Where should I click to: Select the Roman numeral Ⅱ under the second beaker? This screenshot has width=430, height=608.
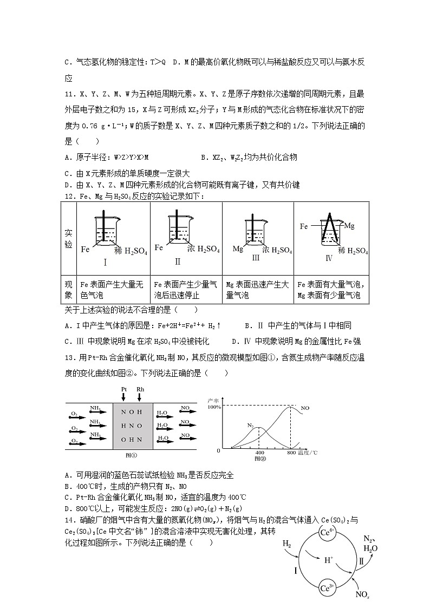click(x=177, y=261)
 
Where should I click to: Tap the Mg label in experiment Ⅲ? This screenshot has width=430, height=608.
click(x=238, y=249)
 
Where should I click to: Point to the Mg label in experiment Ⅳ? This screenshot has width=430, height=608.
click(x=349, y=225)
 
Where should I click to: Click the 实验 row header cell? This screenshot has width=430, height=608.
click(x=69, y=238)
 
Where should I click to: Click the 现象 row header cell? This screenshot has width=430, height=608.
click(x=69, y=290)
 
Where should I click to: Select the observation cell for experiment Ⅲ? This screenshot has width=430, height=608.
click(x=257, y=290)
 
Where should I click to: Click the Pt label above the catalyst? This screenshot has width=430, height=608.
click(x=124, y=389)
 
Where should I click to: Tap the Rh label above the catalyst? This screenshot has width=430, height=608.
click(x=140, y=389)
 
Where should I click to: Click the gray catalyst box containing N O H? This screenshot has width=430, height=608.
click(x=132, y=426)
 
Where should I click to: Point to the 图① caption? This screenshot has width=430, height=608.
click(x=132, y=455)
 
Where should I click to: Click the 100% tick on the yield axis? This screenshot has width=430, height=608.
click(x=213, y=407)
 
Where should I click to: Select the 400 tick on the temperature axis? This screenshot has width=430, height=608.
click(x=259, y=453)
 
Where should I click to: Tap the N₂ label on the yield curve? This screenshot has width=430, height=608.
click(x=251, y=425)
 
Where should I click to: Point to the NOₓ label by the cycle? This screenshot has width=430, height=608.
click(x=362, y=594)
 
